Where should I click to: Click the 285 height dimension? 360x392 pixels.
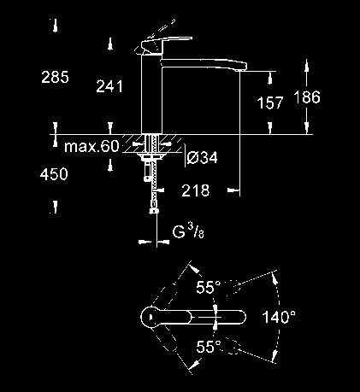pyautogui.click(x=55, y=77)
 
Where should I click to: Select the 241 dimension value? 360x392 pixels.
pyautogui.click(x=109, y=86)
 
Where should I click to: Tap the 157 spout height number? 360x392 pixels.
pyautogui.click(x=269, y=102)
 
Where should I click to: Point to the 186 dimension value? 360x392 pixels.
pyautogui.click(x=307, y=97)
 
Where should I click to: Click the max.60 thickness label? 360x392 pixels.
pyautogui.click(x=91, y=146)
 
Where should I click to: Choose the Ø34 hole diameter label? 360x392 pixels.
pyautogui.click(x=203, y=157)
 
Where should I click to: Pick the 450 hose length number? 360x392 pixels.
pyautogui.click(x=54, y=174)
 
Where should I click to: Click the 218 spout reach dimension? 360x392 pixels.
pyautogui.click(x=196, y=190)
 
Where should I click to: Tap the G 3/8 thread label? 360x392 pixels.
pyautogui.click(x=188, y=232)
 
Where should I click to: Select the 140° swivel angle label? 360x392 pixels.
pyautogui.click(x=279, y=317)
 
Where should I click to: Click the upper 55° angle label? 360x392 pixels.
pyautogui.click(x=209, y=287)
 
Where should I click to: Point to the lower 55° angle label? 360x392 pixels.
pyautogui.click(x=209, y=347)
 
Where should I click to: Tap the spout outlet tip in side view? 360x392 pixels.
pyautogui.click(x=240, y=67)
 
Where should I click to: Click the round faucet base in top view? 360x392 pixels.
pyautogui.click(x=150, y=317)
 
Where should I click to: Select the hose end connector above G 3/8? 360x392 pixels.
pyautogui.click(x=154, y=211)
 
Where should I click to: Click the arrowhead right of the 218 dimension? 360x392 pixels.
pyautogui.click(x=233, y=190)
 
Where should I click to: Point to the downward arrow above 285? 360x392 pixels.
pyautogui.click(x=56, y=26)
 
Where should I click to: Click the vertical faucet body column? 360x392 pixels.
pyautogui.click(x=151, y=94)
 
